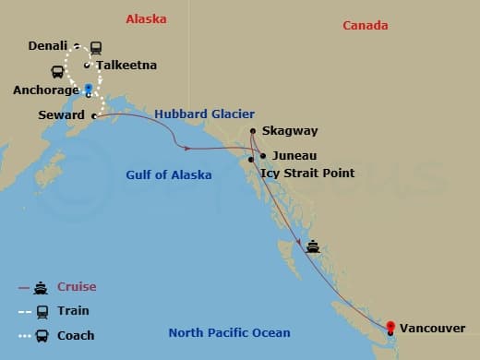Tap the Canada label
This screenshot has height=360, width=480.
(x=366, y=25)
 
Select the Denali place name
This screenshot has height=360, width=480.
(x=47, y=44)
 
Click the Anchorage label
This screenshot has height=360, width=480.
(x=45, y=90)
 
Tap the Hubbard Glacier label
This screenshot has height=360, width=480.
(x=204, y=114)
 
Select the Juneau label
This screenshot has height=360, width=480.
(x=294, y=156)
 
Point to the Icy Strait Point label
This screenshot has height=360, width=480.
(x=307, y=173)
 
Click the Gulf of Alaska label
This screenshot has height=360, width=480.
(x=169, y=175)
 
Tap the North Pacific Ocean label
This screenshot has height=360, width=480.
(x=229, y=332)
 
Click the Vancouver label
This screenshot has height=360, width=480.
(x=434, y=328)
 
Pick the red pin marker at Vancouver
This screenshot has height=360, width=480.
(x=390, y=326)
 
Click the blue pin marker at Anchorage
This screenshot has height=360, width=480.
(x=89, y=90)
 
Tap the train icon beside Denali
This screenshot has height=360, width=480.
(x=96, y=47)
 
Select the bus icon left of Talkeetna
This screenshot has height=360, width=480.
(x=57, y=71)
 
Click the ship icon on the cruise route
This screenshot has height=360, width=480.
(x=313, y=246)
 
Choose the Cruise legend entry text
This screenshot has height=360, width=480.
(x=77, y=287)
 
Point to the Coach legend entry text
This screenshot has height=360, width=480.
(x=76, y=335)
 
